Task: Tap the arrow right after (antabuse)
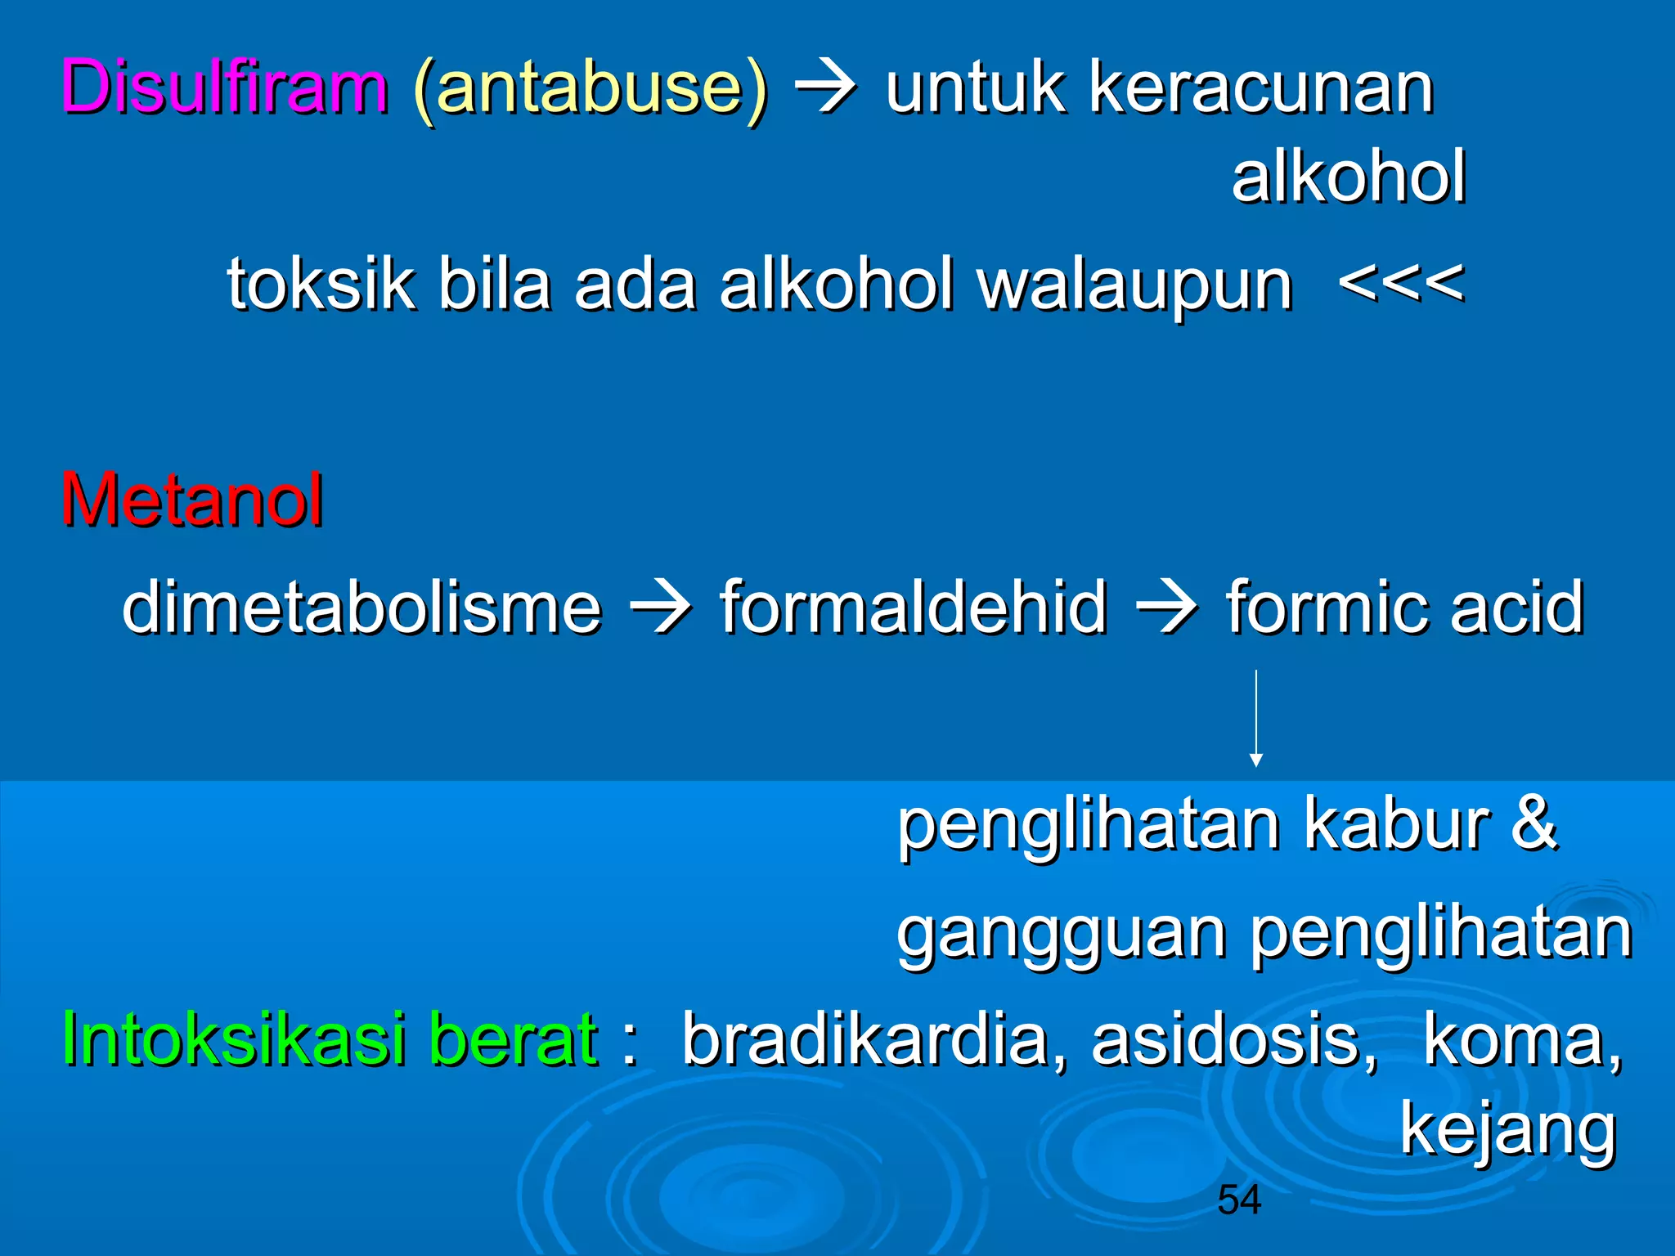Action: coord(826,88)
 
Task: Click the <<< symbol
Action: coord(1401,284)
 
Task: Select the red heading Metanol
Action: coord(192,500)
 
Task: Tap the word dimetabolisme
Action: coord(361,607)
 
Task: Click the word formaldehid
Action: coord(913,607)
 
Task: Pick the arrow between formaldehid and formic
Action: coord(1167,607)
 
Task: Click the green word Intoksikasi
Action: coord(234,1038)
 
